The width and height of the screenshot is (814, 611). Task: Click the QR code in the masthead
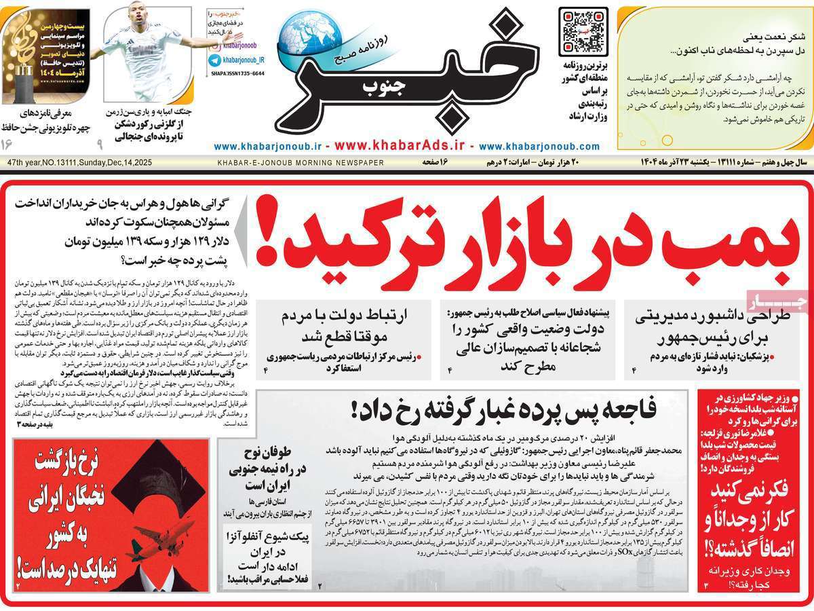(x=583, y=31)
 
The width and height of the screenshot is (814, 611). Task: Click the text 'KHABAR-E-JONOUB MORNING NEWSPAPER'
(x=301, y=163)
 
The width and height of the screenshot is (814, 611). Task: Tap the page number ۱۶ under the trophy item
(x=7, y=144)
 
